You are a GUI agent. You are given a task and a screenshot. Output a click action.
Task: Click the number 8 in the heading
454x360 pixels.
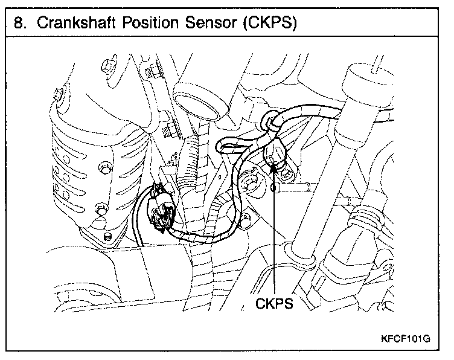[x=18, y=24]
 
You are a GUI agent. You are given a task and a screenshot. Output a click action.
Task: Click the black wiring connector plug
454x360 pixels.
[x=162, y=211]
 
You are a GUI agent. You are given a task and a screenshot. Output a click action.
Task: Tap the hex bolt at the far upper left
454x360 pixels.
[x=58, y=93]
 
